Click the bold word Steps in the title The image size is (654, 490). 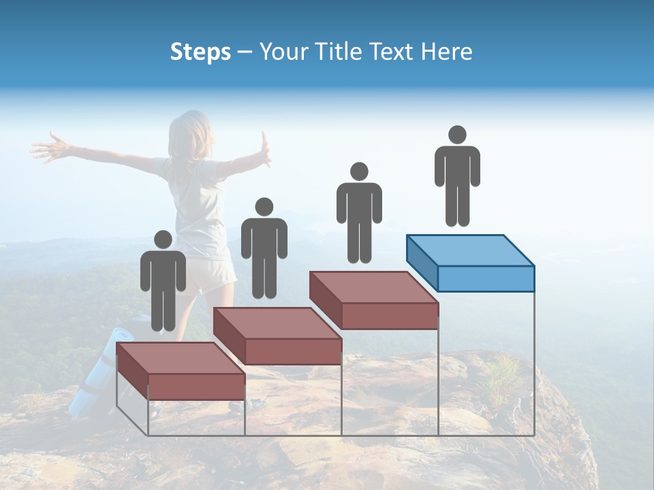[x=200, y=52]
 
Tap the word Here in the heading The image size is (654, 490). [x=447, y=52]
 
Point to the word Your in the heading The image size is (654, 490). [x=279, y=52]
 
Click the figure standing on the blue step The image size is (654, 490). [x=457, y=176]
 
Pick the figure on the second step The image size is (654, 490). [x=264, y=248]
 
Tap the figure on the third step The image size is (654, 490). [x=359, y=212]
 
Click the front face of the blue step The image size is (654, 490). [x=485, y=278]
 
